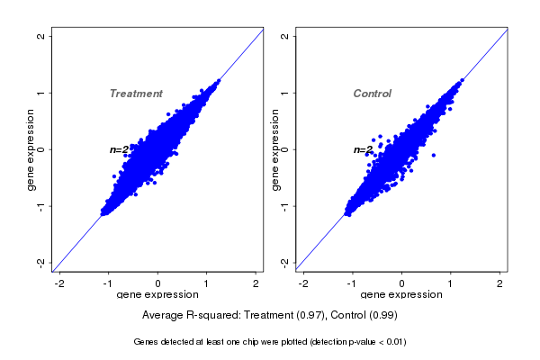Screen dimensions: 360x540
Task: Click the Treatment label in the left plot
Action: pos(136,94)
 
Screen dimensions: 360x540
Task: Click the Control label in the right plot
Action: pos(373,94)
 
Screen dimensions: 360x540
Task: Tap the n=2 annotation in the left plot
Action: pos(120,149)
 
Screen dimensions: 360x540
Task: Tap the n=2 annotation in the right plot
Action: pos(363,149)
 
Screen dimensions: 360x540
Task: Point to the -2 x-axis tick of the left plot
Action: pos(59,283)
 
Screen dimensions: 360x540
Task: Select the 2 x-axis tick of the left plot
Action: pos(256,283)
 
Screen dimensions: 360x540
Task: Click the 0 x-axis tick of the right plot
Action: pos(402,283)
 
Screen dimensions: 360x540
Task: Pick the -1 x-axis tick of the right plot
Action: pos(353,283)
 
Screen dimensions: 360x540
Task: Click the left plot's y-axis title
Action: pos(31,149)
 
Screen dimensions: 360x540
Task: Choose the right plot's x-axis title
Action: pos(402,295)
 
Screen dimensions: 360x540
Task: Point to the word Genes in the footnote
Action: pos(147,342)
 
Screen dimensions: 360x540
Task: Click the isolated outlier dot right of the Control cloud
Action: pos(433,155)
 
